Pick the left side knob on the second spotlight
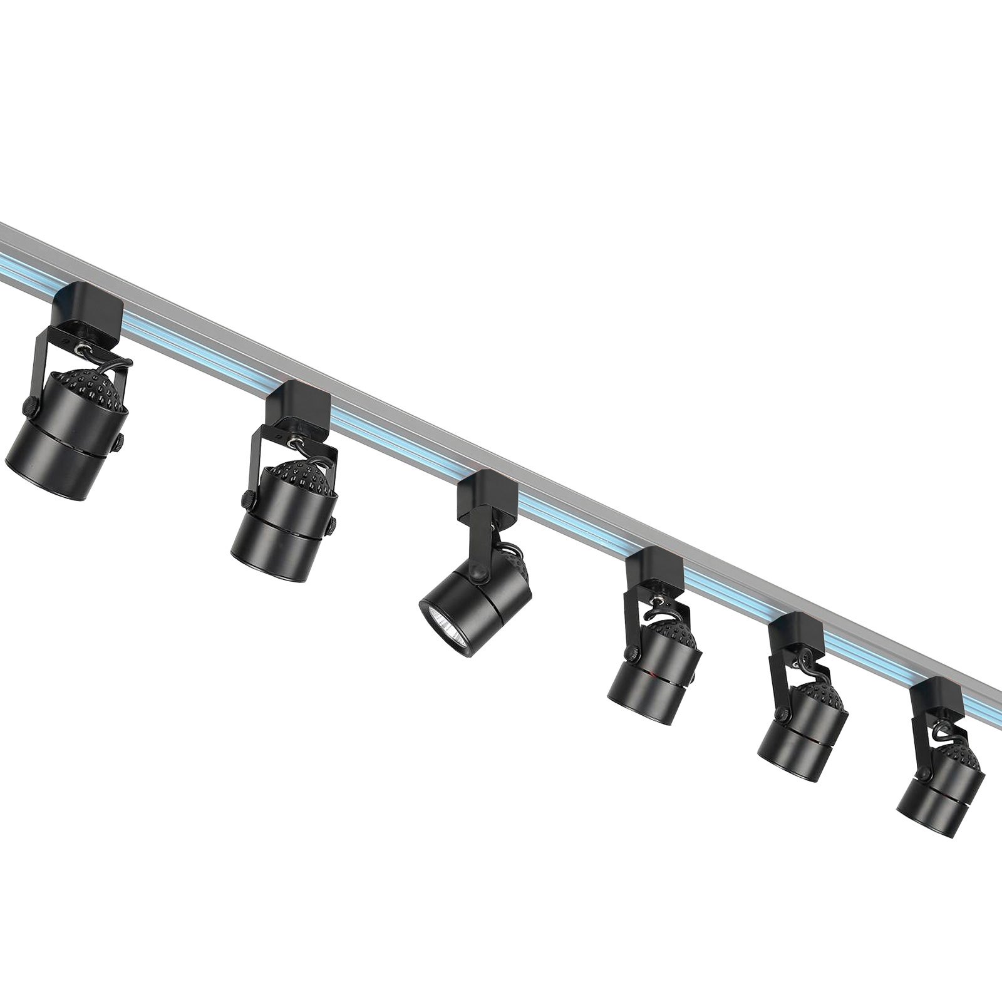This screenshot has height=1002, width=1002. [249, 500]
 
